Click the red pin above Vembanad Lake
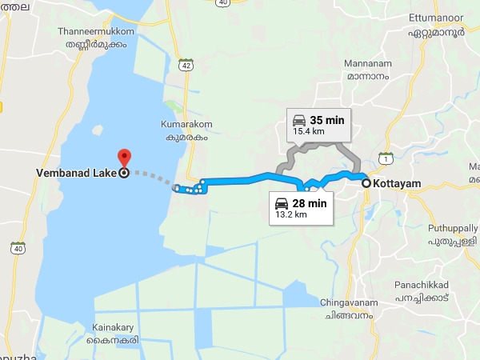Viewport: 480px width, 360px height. (124, 157)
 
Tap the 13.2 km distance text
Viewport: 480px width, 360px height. (290, 214)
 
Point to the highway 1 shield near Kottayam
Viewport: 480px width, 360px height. (386, 158)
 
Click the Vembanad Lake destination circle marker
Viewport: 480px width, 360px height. (124, 172)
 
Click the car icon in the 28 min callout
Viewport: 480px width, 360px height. (282, 202)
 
